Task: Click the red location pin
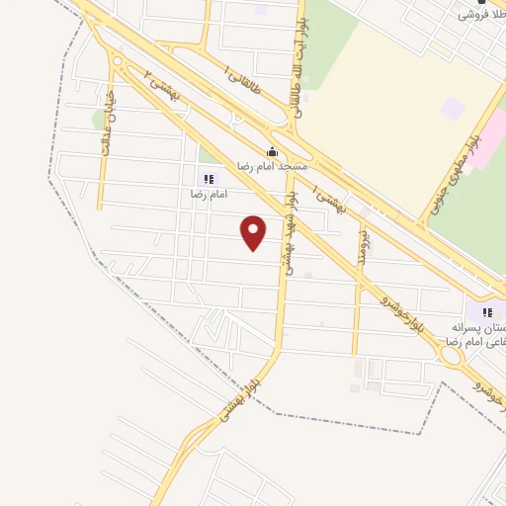(254, 232)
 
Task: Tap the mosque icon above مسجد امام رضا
(272, 152)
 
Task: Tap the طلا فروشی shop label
(481, 17)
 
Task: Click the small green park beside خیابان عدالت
(99, 120)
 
